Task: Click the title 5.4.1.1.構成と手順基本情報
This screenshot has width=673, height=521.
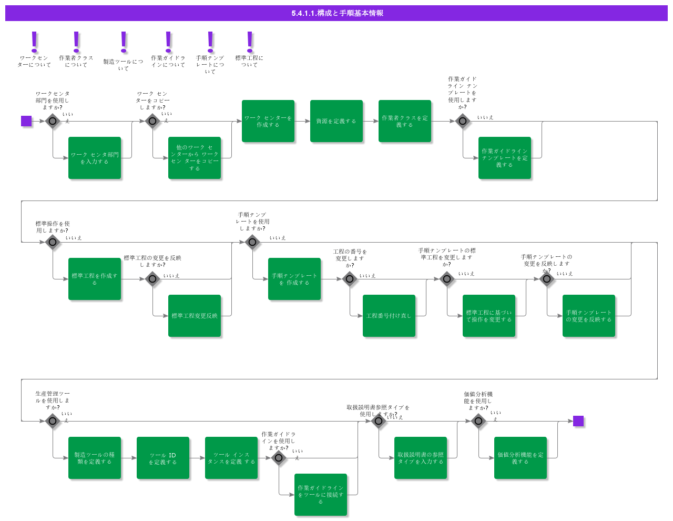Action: coord(336,13)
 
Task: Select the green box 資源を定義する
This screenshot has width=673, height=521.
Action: coord(336,121)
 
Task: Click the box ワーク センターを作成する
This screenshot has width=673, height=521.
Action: coord(268,121)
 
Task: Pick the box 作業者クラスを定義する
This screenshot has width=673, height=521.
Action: coord(405,121)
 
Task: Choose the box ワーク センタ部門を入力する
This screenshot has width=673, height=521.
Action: coord(95,158)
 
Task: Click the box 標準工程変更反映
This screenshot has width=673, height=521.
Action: coord(195,316)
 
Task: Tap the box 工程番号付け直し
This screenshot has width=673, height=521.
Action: coord(389,316)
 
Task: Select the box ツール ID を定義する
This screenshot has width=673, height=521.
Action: coord(163,458)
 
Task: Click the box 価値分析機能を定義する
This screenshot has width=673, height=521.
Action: coord(521,458)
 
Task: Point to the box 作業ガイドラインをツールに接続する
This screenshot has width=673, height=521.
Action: coord(321,495)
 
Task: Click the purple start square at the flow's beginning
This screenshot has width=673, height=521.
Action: coord(26,121)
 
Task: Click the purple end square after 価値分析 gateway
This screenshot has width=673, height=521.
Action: coord(578,421)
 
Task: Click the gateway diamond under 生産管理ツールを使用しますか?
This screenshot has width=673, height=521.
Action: coord(53,421)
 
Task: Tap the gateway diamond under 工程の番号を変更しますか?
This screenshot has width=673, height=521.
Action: coord(350,279)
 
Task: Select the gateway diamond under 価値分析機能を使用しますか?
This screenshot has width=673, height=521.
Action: coord(478,421)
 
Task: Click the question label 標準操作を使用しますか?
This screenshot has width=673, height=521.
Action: coord(53,227)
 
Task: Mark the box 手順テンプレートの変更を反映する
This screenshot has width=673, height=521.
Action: coord(589,316)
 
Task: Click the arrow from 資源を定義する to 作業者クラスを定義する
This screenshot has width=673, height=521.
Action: coord(371,121)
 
